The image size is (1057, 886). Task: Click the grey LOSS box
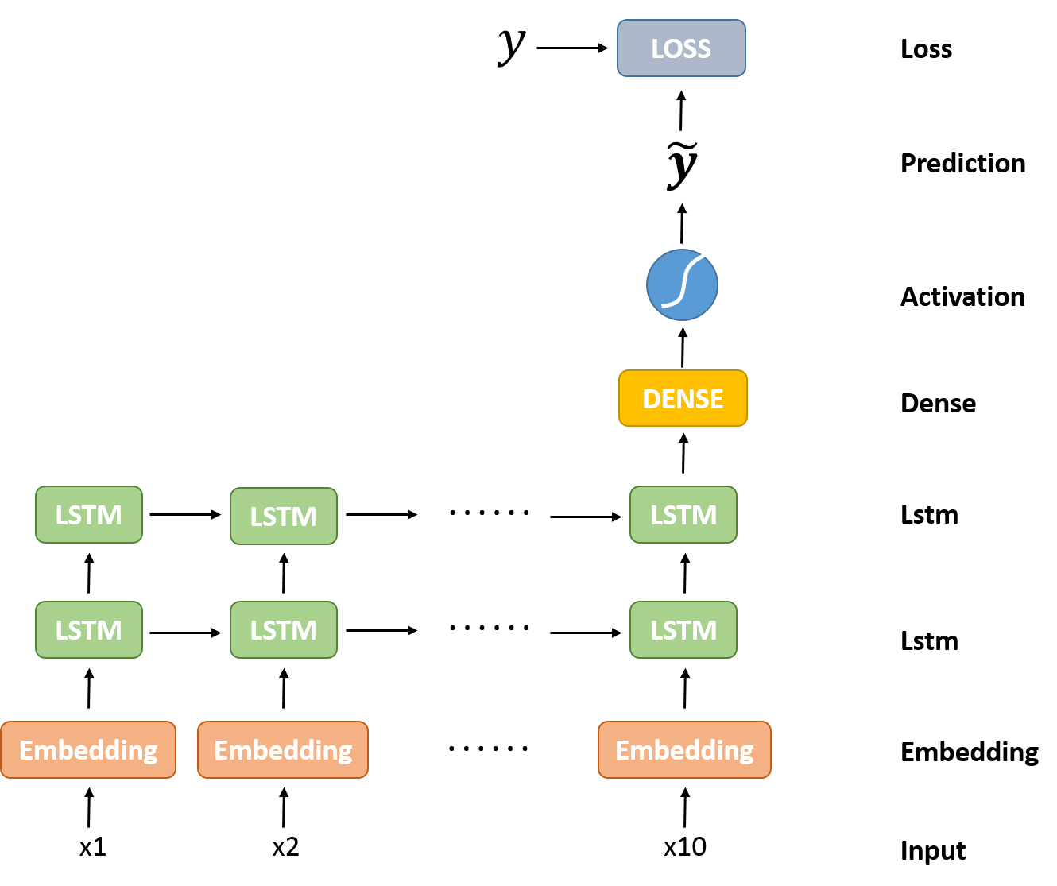[x=681, y=48]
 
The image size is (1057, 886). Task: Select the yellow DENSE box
[x=683, y=398]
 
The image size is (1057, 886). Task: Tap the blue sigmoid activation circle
[x=682, y=284]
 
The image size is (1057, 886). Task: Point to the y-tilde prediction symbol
[x=682, y=165]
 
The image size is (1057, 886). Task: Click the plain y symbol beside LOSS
[x=511, y=47]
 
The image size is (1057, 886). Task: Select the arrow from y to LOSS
[x=572, y=48]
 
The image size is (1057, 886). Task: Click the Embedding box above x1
[x=88, y=749]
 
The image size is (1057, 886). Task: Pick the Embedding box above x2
[x=282, y=749]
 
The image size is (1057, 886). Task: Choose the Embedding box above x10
[x=684, y=749]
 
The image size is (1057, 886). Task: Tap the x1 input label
[x=93, y=846]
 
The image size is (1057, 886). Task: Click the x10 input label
[x=685, y=846]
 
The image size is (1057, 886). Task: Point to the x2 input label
[x=285, y=846]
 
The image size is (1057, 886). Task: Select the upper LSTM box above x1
[x=88, y=514]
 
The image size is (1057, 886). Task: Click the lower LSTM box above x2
[x=284, y=629]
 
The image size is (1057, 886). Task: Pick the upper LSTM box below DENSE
[x=683, y=514]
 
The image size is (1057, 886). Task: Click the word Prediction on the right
[x=963, y=164]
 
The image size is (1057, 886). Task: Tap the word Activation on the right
[x=963, y=296]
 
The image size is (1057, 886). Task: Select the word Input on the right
[x=933, y=850]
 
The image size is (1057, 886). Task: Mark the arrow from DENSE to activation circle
[x=683, y=347]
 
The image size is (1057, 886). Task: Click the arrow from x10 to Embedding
[x=685, y=807]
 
